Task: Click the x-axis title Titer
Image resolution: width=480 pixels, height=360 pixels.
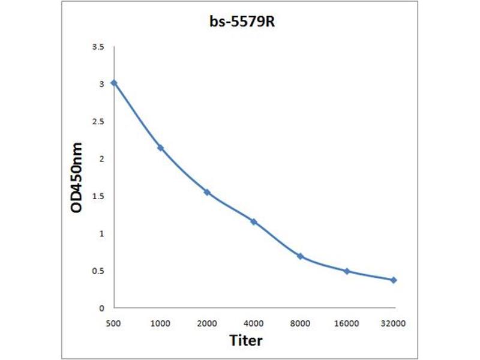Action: coord(246,340)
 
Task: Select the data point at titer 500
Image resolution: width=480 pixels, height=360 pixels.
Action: coord(113,83)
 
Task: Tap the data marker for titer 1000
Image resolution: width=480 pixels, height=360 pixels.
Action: coord(160,148)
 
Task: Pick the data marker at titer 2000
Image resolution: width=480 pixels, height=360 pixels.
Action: coord(207,192)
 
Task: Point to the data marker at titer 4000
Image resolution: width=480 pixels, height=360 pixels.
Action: coord(254,221)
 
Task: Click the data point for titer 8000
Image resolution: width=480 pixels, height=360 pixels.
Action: coord(300,256)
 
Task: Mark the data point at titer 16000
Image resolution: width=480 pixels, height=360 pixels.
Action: coord(347,271)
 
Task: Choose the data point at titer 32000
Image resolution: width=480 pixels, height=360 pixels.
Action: coord(394,280)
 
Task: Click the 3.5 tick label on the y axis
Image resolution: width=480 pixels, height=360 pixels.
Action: coord(98,47)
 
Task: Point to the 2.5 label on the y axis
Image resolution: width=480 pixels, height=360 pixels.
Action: coord(98,122)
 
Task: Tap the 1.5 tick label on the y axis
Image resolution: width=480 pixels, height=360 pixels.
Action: coord(98,196)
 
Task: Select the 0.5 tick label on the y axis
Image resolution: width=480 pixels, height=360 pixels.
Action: coord(98,271)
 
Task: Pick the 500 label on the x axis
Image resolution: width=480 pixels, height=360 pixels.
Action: coord(113,323)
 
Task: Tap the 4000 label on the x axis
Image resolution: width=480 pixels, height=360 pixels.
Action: coord(254,323)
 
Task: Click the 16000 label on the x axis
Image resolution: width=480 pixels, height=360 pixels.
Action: coord(347,323)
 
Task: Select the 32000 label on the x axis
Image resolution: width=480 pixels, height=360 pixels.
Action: coord(394,323)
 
